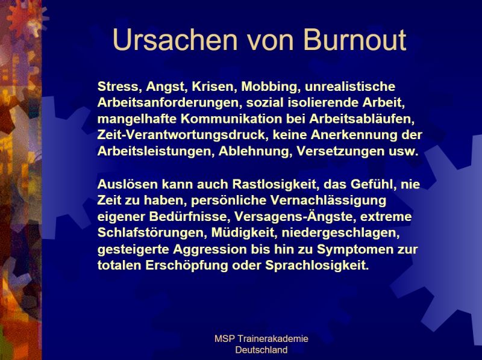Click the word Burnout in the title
click(355, 40)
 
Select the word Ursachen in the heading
click(175, 40)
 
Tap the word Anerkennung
click(354, 135)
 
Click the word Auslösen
click(128, 184)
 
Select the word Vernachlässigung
click(328, 200)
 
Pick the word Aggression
click(210, 249)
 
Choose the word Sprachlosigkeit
click(317, 265)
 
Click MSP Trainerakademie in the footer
click(261, 339)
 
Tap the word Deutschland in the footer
click(261, 350)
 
